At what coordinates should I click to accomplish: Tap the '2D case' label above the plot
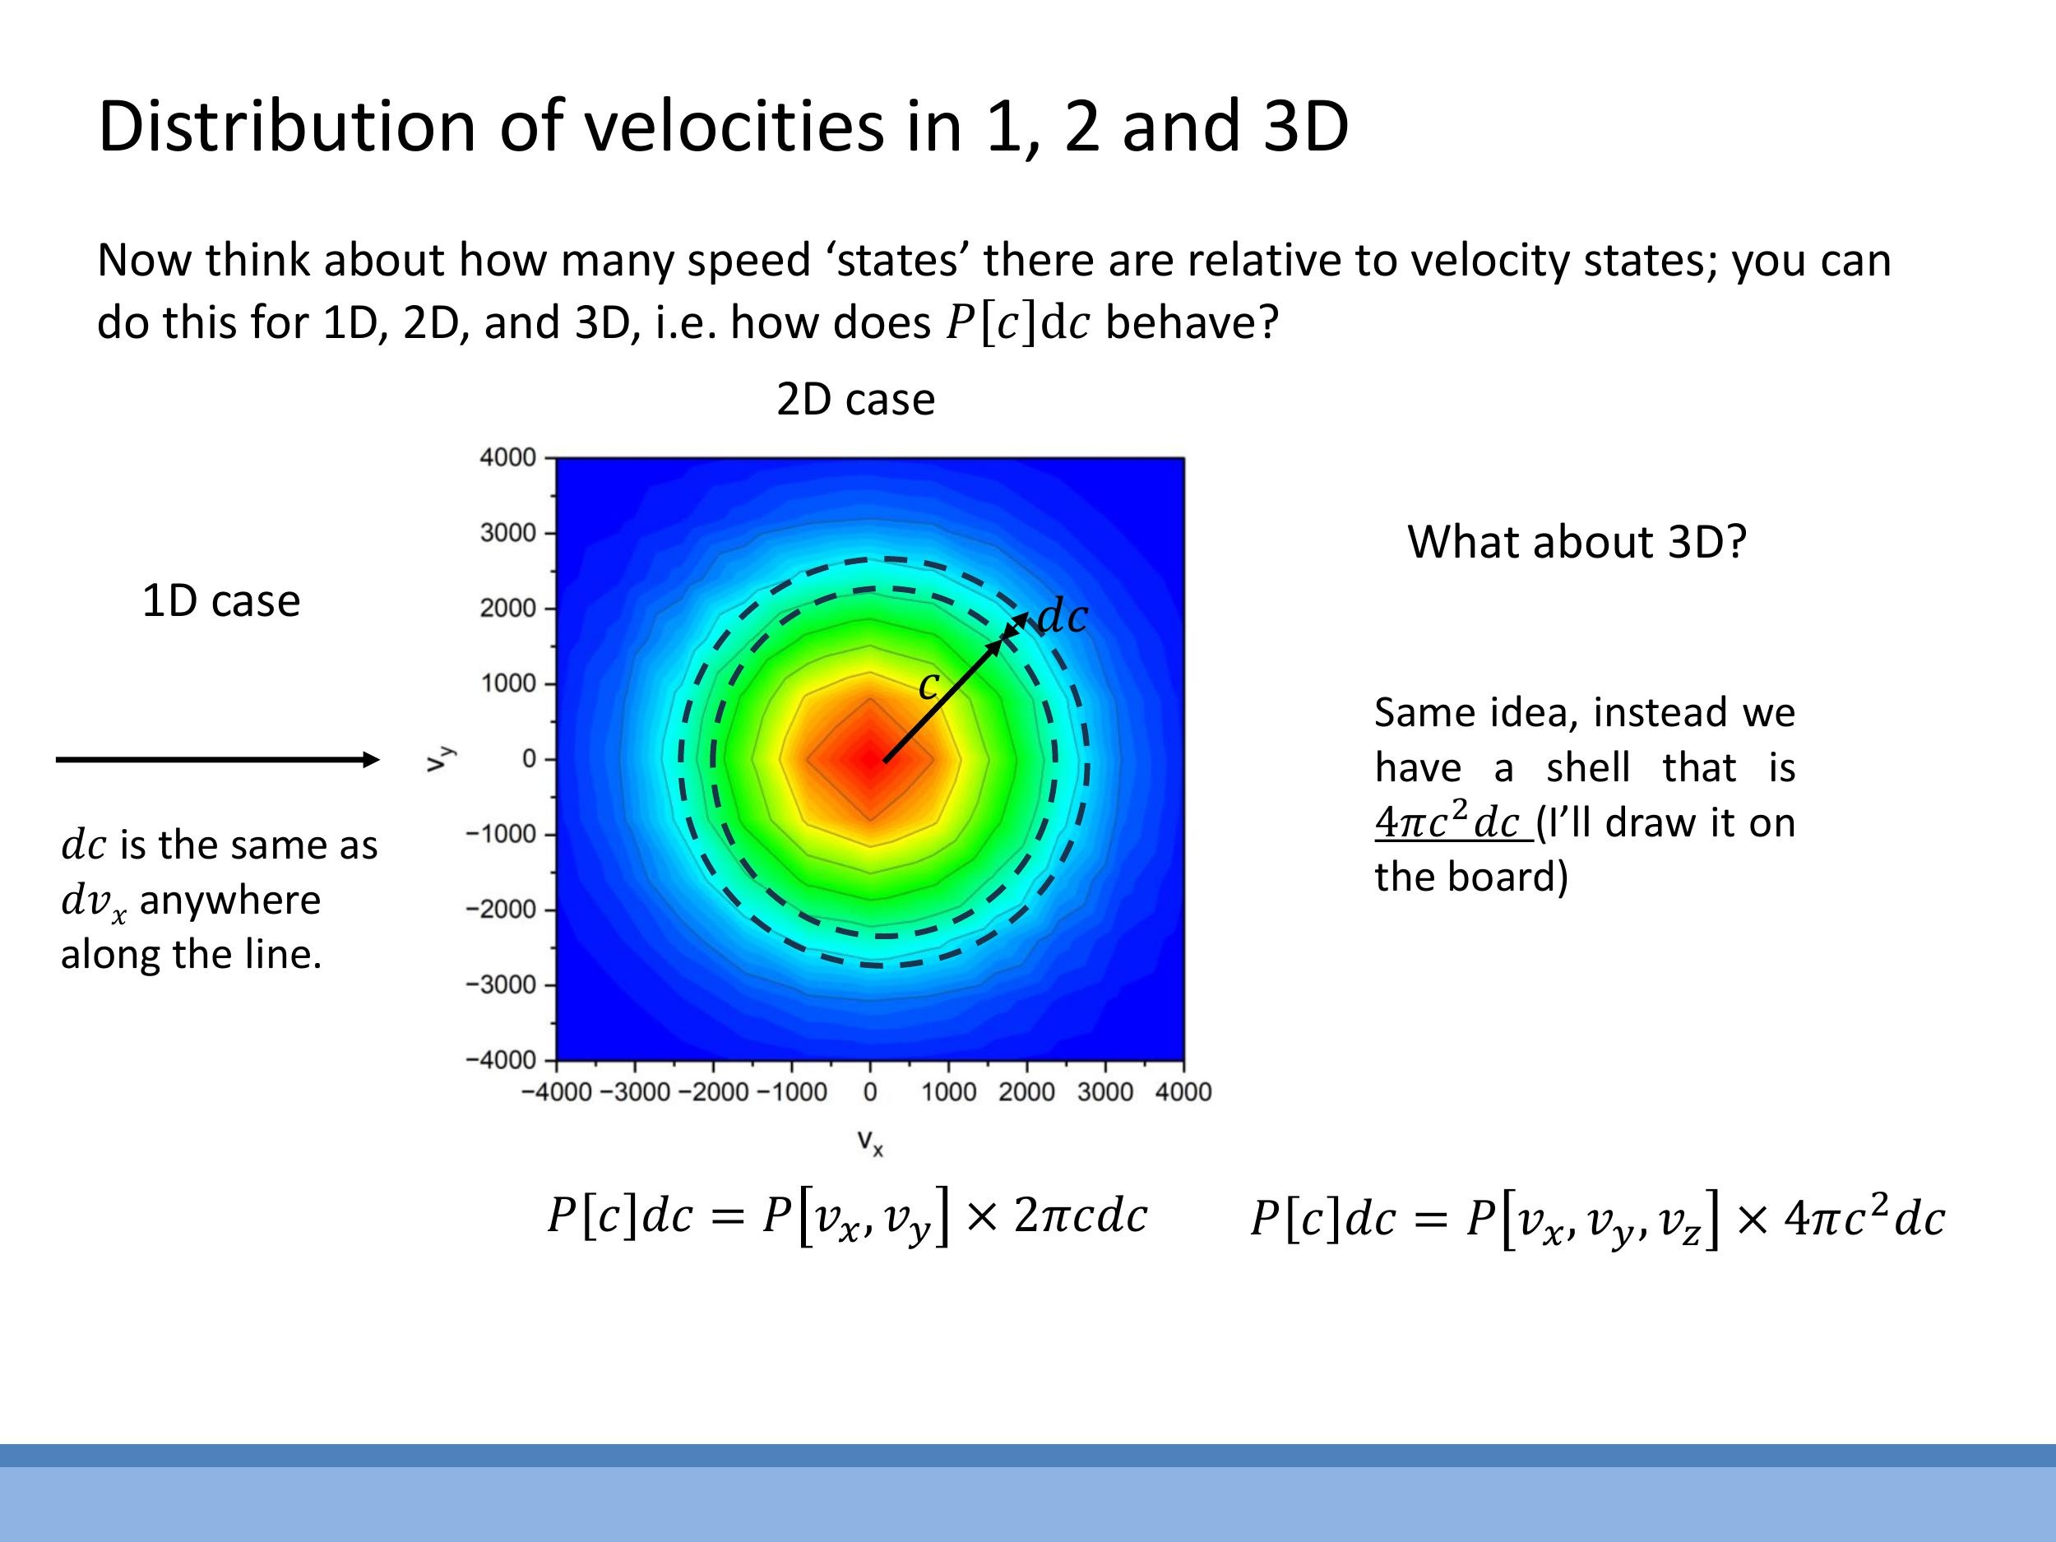[855, 400]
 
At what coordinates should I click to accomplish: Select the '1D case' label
[221, 601]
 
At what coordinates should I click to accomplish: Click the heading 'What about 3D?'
[1577, 542]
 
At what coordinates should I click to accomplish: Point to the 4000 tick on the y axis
[507, 457]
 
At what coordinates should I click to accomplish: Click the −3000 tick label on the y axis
[501, 984]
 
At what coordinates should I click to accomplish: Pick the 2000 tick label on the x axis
[1026, 1092]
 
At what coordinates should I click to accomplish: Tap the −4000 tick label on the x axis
[556, 1092]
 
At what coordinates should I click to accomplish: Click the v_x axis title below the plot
[870, 1141]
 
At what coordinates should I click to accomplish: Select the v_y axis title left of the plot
[437, 758]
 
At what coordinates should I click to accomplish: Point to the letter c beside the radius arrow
[928, 686]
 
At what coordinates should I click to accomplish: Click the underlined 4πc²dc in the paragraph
[1452, 822]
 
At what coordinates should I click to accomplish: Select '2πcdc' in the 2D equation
[1080, 1216]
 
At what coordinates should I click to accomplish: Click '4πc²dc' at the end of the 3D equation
[1864, 1218]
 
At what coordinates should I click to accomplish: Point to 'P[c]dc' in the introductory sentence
[1016, 323]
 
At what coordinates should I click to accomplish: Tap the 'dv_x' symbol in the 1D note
[93, 901]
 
